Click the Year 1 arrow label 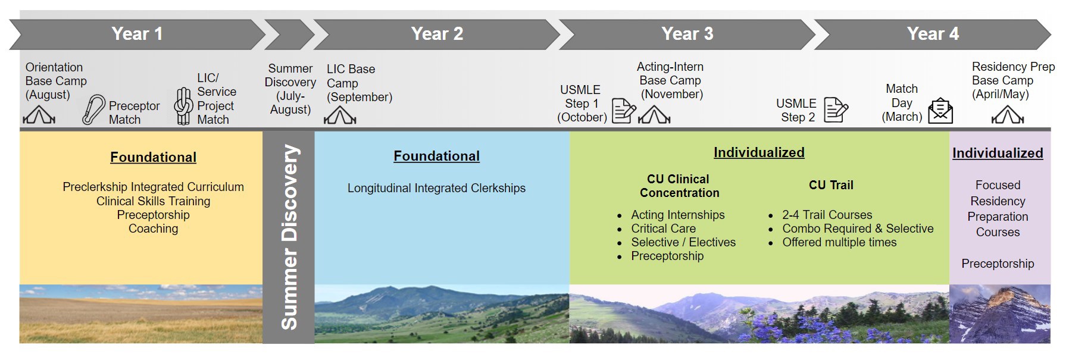137,34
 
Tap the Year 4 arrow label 933,34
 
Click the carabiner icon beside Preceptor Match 93,110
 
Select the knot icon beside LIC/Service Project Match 183,106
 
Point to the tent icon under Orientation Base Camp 39,114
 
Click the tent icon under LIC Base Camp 340,115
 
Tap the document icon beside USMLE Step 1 623,111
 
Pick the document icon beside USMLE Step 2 836,110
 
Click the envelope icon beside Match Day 940,111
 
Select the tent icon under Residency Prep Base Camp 1007,114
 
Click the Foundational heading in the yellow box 153,157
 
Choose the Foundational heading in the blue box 436,156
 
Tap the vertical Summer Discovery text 289,237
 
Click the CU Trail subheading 831,185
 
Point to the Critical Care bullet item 663,228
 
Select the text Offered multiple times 839,242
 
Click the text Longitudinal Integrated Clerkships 436,188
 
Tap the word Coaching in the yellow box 153,228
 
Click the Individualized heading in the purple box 998,153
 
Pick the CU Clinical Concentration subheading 679,186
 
